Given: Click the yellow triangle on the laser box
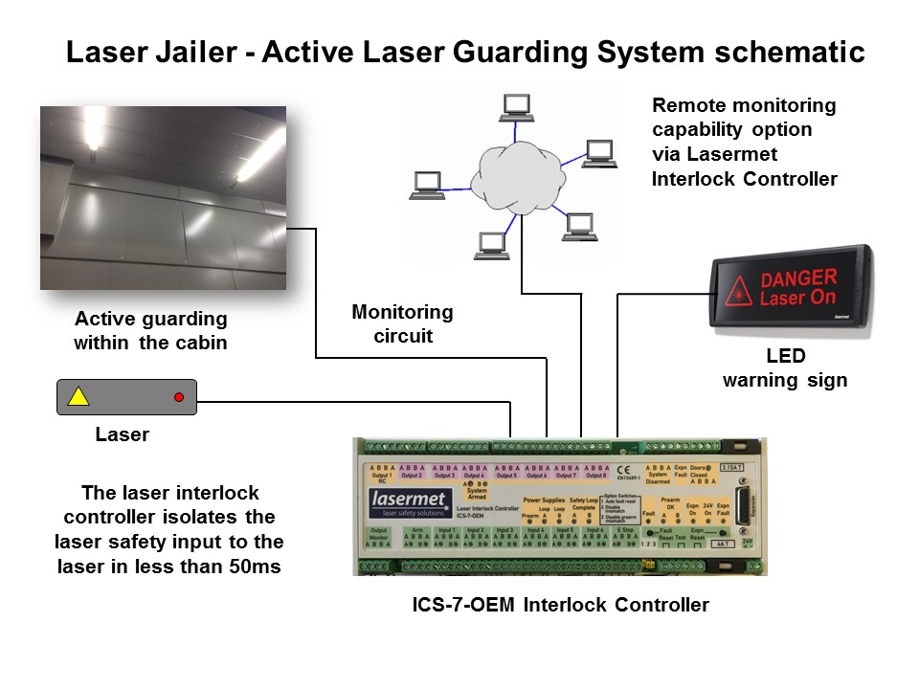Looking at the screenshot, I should (x=78, y=396).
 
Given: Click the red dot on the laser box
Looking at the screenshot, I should (x=178, y=396).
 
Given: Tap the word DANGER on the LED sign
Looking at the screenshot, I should (x=798, y=278).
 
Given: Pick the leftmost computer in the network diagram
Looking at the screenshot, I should (x=425, y=185).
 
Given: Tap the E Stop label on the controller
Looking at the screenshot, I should (x=624, y=529).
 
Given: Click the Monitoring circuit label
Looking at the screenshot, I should (x=402, y=323).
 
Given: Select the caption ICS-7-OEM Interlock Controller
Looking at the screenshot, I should (x=560, y=605).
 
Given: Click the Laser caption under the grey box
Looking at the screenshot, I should (x=122, y=434).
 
